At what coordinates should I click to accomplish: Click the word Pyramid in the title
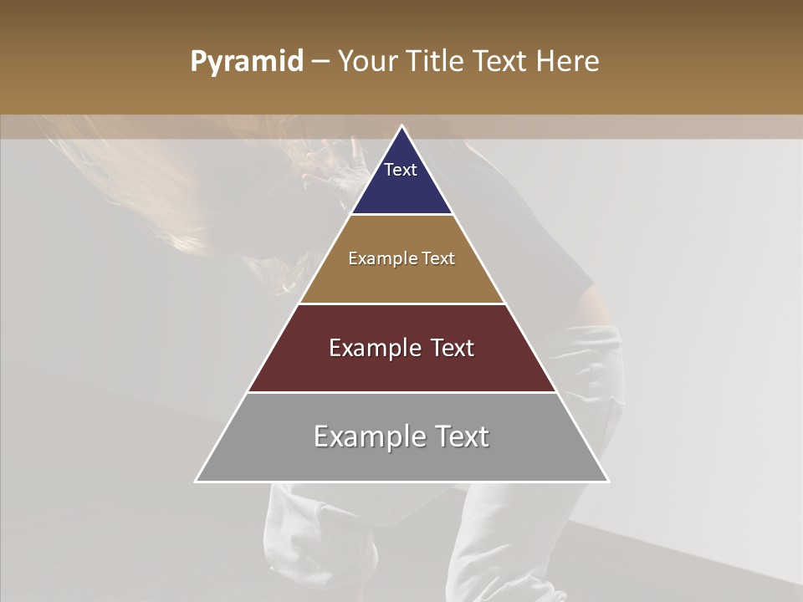point(246,62)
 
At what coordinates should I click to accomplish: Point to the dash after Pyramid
point(320,62)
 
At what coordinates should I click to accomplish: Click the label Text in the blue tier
point(401,170)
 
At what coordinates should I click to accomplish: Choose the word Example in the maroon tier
point(371,348)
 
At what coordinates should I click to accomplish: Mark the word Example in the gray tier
point(365,436)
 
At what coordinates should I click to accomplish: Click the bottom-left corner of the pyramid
point(197,481)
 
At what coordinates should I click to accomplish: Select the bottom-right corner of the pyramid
point(608,481)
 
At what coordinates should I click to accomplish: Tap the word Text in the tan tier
point(438,259)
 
